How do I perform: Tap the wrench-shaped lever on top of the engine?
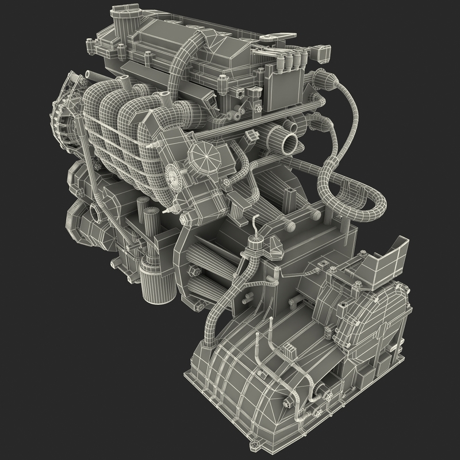click(x=275, y=39)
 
